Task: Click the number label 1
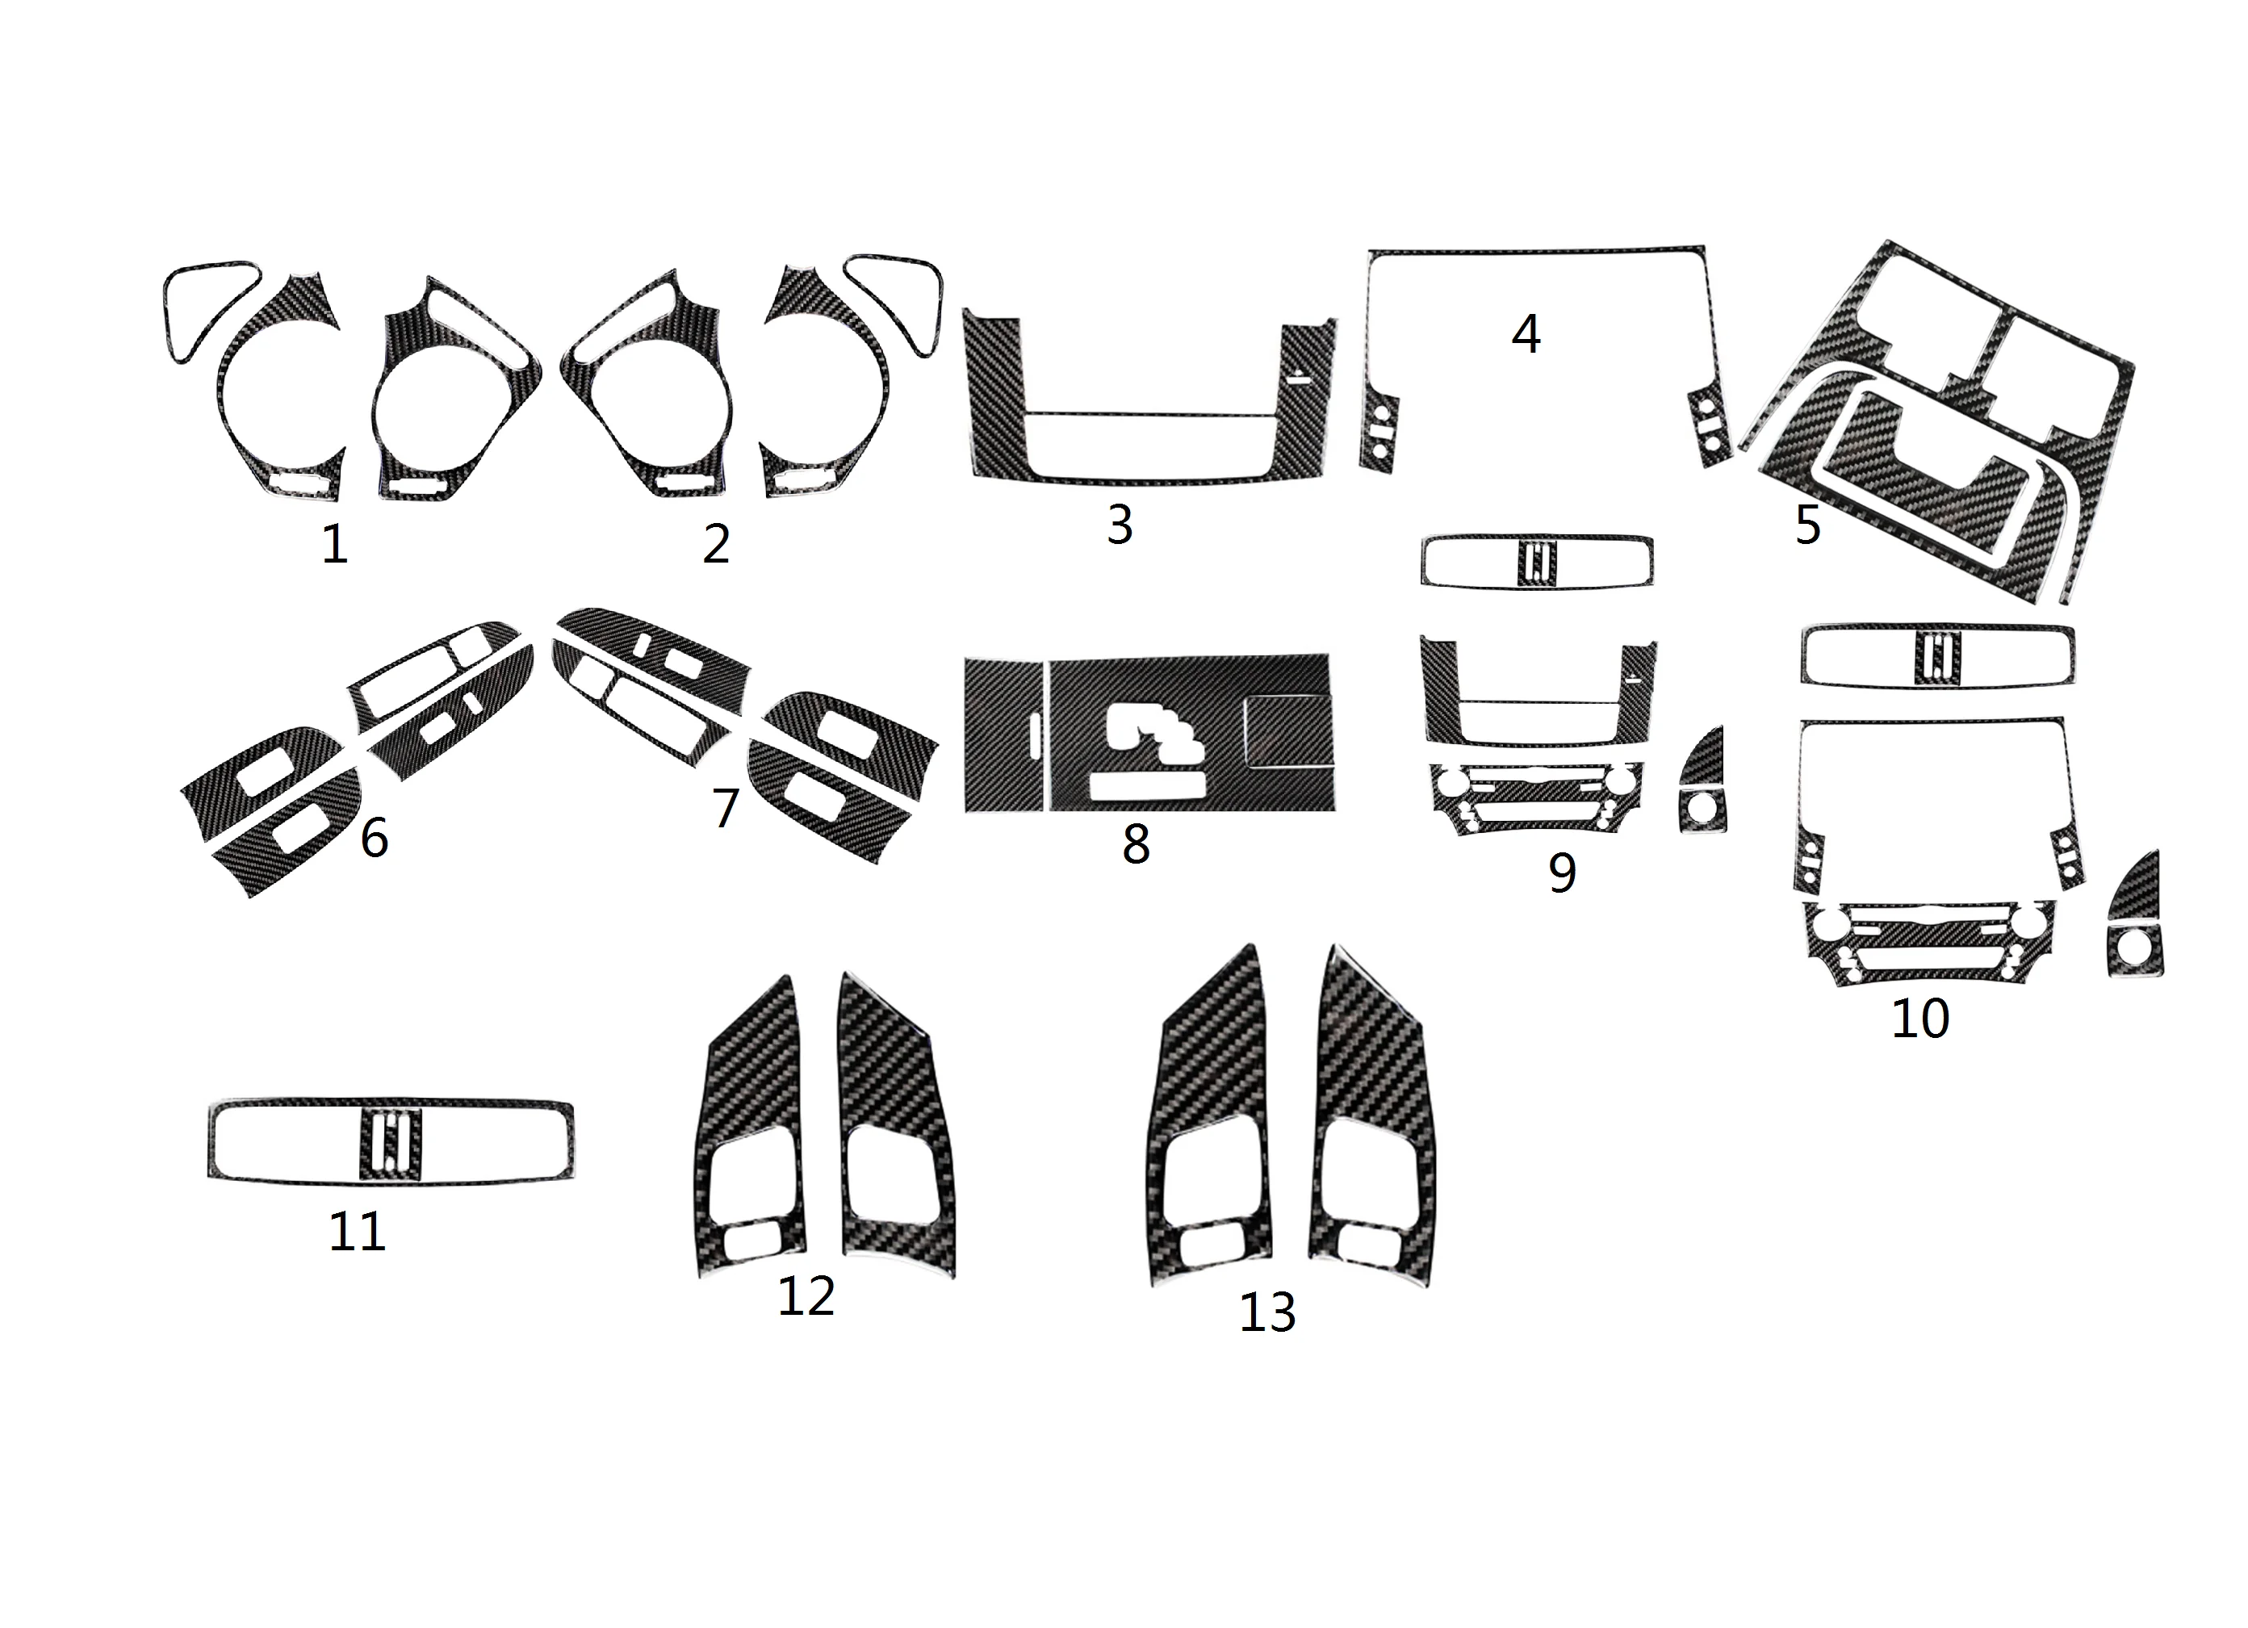tap(335, 544)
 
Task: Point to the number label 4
tap(1526, 334)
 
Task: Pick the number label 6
tap(374, 839)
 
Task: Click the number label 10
tap(1921, 1018)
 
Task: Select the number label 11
tap(357, 1232)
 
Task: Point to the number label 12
tap(806, 1296)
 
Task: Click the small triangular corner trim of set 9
tap(1703, 781)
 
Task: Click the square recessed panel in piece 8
tap(1287, 731)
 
